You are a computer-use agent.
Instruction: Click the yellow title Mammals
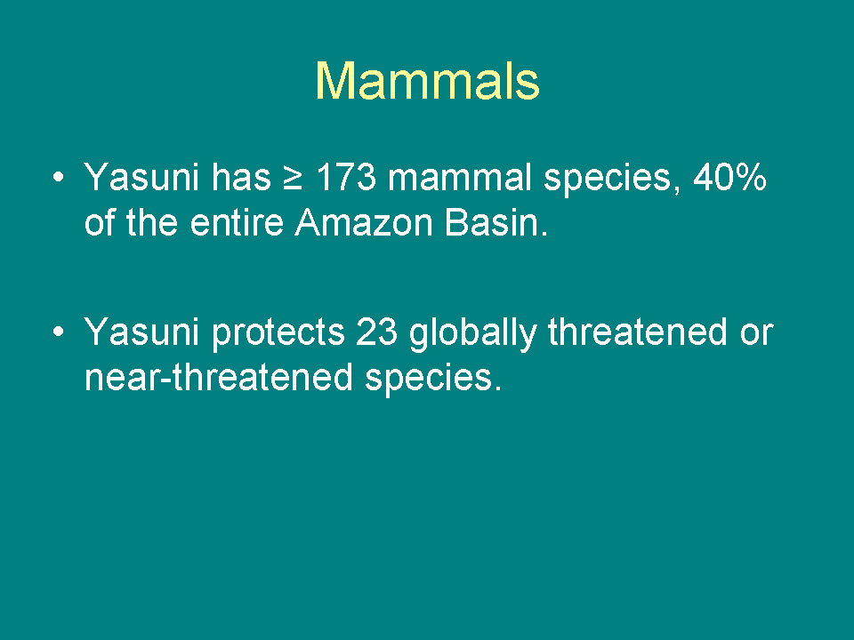pos(428,81)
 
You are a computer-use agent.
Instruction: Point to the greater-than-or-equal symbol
pos(293,179)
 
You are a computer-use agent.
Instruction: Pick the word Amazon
pos(364,222)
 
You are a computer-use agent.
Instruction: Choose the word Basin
pos(496,222)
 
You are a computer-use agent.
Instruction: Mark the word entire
pos(237,222)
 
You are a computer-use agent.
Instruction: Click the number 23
pos(376,331)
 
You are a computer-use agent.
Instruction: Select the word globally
pos(472,332)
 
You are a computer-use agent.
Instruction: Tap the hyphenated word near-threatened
pos(219,377)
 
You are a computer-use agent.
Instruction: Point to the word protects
pos(278,332)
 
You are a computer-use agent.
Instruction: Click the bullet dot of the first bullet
pos(59,177)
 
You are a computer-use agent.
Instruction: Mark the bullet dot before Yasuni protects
pos(59,332)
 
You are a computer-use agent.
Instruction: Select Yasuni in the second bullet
pos(141,331)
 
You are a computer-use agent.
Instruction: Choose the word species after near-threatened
pos(433,379)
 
